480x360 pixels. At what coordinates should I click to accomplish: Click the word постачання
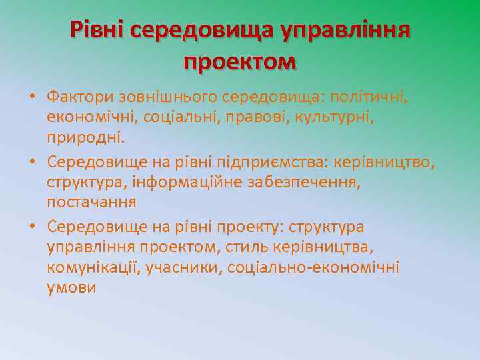click(91, 202)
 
